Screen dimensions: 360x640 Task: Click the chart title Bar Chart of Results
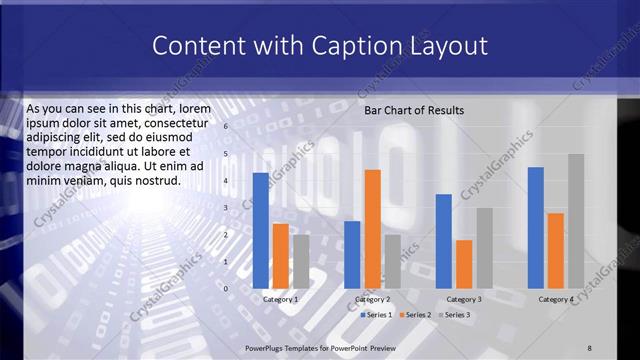point(413,110)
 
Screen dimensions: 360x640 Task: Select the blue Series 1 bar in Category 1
point(261,230)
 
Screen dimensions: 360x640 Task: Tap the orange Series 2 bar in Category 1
point(281,256)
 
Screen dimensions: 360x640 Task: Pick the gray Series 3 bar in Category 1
point(300,261)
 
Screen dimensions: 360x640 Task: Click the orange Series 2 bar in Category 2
point(372,229)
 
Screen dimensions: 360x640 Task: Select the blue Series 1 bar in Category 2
point(352,254)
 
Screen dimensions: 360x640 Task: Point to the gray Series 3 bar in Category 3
point(484,248)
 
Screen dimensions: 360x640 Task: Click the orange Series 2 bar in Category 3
point(464,264)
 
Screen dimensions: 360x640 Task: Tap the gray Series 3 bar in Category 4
point(576,221)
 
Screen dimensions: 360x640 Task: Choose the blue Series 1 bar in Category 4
point(536,227)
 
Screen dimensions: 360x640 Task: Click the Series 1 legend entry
point(376,315)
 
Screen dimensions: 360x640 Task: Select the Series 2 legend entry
point(415,315)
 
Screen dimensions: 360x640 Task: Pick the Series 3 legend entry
point(454,315)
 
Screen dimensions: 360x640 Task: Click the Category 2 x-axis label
point(372,299)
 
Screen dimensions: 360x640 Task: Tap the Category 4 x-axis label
point(556,299)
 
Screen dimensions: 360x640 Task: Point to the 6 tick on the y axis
point(226,127)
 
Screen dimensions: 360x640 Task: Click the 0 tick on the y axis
point(226,289)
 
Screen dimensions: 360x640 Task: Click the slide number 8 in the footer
point(589,347)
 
